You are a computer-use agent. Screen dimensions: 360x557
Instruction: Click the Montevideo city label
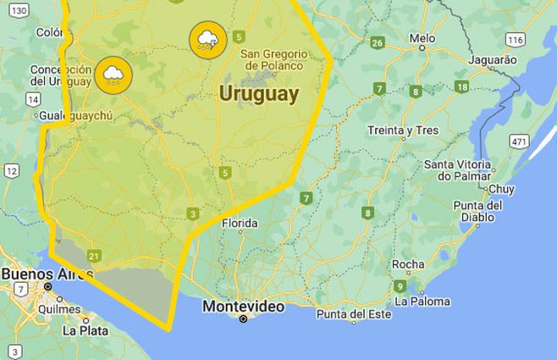point(243,307)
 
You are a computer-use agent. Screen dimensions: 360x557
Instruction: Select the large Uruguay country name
point(258,94)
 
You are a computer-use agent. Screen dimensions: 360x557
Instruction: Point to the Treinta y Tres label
point(403,130)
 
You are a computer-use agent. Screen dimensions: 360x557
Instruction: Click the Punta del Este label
point(354,314)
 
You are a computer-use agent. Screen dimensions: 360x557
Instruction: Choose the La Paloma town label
point(422,302)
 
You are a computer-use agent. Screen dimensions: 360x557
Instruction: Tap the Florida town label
point(240,224)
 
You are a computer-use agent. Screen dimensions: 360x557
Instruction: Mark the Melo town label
point(422,38)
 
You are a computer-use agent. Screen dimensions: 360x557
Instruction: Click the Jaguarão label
point(491,60)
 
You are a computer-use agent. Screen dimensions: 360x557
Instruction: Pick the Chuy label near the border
point(501,189)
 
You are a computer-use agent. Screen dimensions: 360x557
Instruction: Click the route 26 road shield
point(378,42)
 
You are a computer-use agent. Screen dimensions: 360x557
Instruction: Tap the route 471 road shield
point(519,141)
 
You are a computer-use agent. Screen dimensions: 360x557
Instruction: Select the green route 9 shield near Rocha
point(399,286)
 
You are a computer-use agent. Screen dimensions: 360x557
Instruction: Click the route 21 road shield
point(94,256)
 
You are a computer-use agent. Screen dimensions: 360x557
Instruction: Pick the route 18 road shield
point(461,86)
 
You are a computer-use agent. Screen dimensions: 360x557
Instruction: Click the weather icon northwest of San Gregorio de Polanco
point(207,39)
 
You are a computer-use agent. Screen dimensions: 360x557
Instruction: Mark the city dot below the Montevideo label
point(243,318)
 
